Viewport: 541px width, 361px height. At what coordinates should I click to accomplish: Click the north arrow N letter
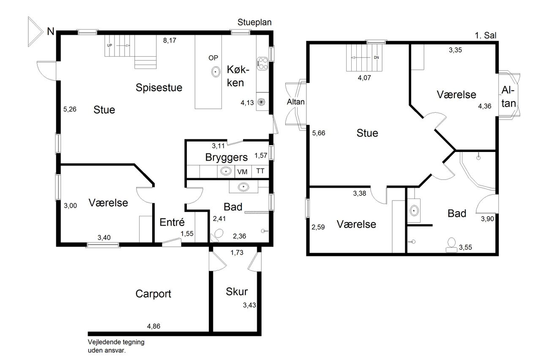click(51, 31)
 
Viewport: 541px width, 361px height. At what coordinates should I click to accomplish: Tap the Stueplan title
click(254, 22)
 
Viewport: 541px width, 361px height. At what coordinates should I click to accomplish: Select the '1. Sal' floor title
click(486, 36)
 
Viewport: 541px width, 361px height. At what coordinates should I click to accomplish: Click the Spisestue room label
click(159, 88)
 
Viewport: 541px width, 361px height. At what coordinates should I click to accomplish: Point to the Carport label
click(153, 294)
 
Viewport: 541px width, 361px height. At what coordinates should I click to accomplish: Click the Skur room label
click(237, 292)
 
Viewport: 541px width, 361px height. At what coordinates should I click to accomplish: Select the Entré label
click(172, 222)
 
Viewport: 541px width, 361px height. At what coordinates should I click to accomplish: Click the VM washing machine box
click(243, 172)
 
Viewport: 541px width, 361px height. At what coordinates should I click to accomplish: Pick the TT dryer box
click(260, 172)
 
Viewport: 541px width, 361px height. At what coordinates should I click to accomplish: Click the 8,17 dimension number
click(169, 40)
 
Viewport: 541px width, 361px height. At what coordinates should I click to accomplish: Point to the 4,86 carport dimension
click(153, 326)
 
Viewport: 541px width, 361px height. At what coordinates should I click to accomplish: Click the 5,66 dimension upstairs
click(319, 133)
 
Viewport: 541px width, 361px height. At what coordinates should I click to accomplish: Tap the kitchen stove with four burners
click(262, 63)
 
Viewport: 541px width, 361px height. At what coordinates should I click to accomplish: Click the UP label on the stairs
click(109, 45)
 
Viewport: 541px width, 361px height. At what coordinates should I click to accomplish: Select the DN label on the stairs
click(376, 58)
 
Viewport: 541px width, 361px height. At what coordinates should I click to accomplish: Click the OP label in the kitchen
click(213, 58)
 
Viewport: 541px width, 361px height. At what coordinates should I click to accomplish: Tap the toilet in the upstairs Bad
click(451, 245)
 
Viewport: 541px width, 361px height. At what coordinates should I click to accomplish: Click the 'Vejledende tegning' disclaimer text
click(116, 342)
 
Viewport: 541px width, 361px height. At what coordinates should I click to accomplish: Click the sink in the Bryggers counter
click(226, 171)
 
